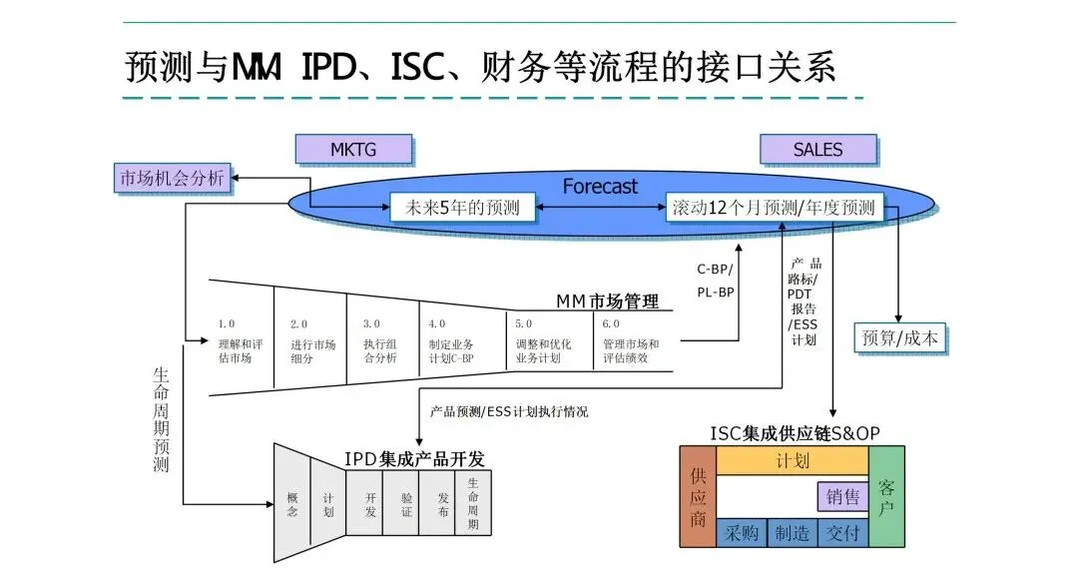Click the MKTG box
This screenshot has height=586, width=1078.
coord(355,150)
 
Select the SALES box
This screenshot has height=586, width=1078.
coord(817,150)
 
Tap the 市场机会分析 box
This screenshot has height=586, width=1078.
coord(173,179)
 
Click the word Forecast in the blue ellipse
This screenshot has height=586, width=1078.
coord(600,186)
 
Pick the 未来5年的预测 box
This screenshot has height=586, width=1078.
coord(461,208)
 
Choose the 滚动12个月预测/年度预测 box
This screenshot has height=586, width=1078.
coord(774,208)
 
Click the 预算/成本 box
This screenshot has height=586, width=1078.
coord(898,337)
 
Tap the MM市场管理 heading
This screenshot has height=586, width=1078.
coord(608,300)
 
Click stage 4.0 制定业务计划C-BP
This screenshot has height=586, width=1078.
coord(454,341)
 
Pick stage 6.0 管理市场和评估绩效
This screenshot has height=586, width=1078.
coord(631,341)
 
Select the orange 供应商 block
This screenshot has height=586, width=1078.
coord(698,496)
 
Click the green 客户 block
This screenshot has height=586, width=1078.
coord(886,496)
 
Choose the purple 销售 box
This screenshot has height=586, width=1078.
coord(842,496)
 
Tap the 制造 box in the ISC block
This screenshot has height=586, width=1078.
coord(792,533)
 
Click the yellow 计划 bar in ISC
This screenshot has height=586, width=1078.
coord(792,461)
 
